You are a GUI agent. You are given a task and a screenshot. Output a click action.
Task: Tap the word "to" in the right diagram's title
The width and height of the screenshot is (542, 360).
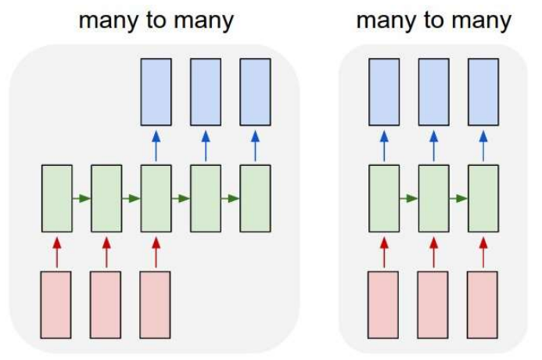pos(434,20)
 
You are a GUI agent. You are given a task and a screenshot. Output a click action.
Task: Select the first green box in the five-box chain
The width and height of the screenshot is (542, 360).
pos(56,198)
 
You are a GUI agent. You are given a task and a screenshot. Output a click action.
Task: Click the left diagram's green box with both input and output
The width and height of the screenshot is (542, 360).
pos(156,198)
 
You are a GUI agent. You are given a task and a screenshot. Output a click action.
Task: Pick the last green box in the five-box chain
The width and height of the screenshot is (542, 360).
pos(255,198)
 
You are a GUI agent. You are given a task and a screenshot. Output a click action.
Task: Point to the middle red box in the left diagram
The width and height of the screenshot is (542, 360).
pos(106,304)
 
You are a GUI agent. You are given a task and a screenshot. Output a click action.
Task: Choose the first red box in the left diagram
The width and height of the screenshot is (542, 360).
pos(56,304)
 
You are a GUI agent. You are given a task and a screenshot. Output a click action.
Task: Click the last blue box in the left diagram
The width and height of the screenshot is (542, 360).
pos(255,92)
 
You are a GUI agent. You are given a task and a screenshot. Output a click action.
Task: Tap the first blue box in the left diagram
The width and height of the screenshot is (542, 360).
pos(156,92)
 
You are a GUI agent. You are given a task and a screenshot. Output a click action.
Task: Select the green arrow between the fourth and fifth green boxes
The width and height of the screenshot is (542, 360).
pos(231,198)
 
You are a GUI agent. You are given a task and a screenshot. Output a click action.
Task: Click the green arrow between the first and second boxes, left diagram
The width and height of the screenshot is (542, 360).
pos(81,198)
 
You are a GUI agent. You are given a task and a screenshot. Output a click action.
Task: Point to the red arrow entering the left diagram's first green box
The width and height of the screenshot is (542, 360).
pos(56,251)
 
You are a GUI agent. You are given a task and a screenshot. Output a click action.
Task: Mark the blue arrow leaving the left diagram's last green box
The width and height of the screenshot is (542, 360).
pos(255,145)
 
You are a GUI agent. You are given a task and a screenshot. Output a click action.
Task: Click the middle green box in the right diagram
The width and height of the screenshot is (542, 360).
pos(433,198)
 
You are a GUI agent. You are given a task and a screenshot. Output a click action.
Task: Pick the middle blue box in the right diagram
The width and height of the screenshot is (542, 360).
pos(433,92)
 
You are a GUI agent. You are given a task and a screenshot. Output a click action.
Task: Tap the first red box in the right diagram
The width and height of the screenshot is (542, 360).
pos(383,304)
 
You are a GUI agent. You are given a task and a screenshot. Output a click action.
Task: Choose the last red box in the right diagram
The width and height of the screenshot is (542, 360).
pos(483,304)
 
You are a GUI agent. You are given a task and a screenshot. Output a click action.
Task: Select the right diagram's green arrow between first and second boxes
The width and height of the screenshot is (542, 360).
pos(408,198)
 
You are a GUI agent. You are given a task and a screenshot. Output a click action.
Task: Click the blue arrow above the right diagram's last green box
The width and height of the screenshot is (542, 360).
pos(483,145)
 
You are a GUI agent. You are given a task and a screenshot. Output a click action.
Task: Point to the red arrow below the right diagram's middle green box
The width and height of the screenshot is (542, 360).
pos(433,251)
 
